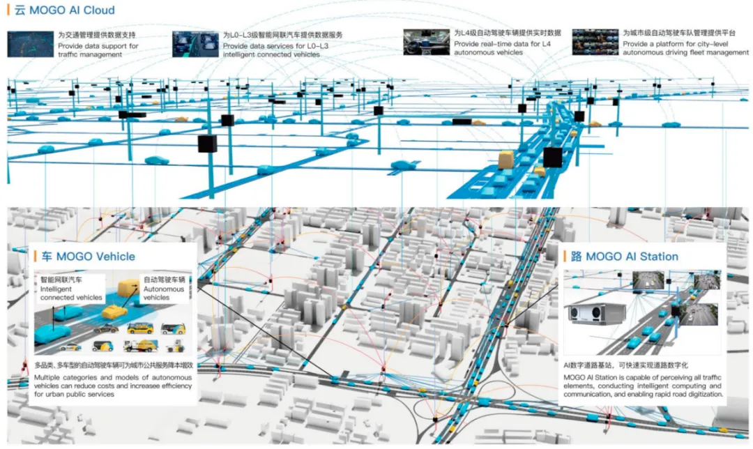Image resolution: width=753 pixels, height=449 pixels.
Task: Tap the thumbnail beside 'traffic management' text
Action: [29, 43]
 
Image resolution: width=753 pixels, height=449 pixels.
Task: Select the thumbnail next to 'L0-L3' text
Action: [195, 43]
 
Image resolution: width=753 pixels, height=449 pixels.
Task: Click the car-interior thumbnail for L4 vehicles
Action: [426, 42]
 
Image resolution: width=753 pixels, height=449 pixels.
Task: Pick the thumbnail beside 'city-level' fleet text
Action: [595, 42]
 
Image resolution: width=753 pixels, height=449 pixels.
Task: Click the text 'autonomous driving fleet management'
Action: [685, 52]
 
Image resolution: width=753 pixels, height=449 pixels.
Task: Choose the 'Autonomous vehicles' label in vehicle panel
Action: [156, 293]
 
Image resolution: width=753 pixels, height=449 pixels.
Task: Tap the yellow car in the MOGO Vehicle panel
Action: [115, 312]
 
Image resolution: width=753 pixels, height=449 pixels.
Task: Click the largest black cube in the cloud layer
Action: [553, 158]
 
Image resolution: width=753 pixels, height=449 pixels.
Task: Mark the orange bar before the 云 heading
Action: [8, 10]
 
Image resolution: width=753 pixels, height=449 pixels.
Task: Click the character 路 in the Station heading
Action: [576, 257]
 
